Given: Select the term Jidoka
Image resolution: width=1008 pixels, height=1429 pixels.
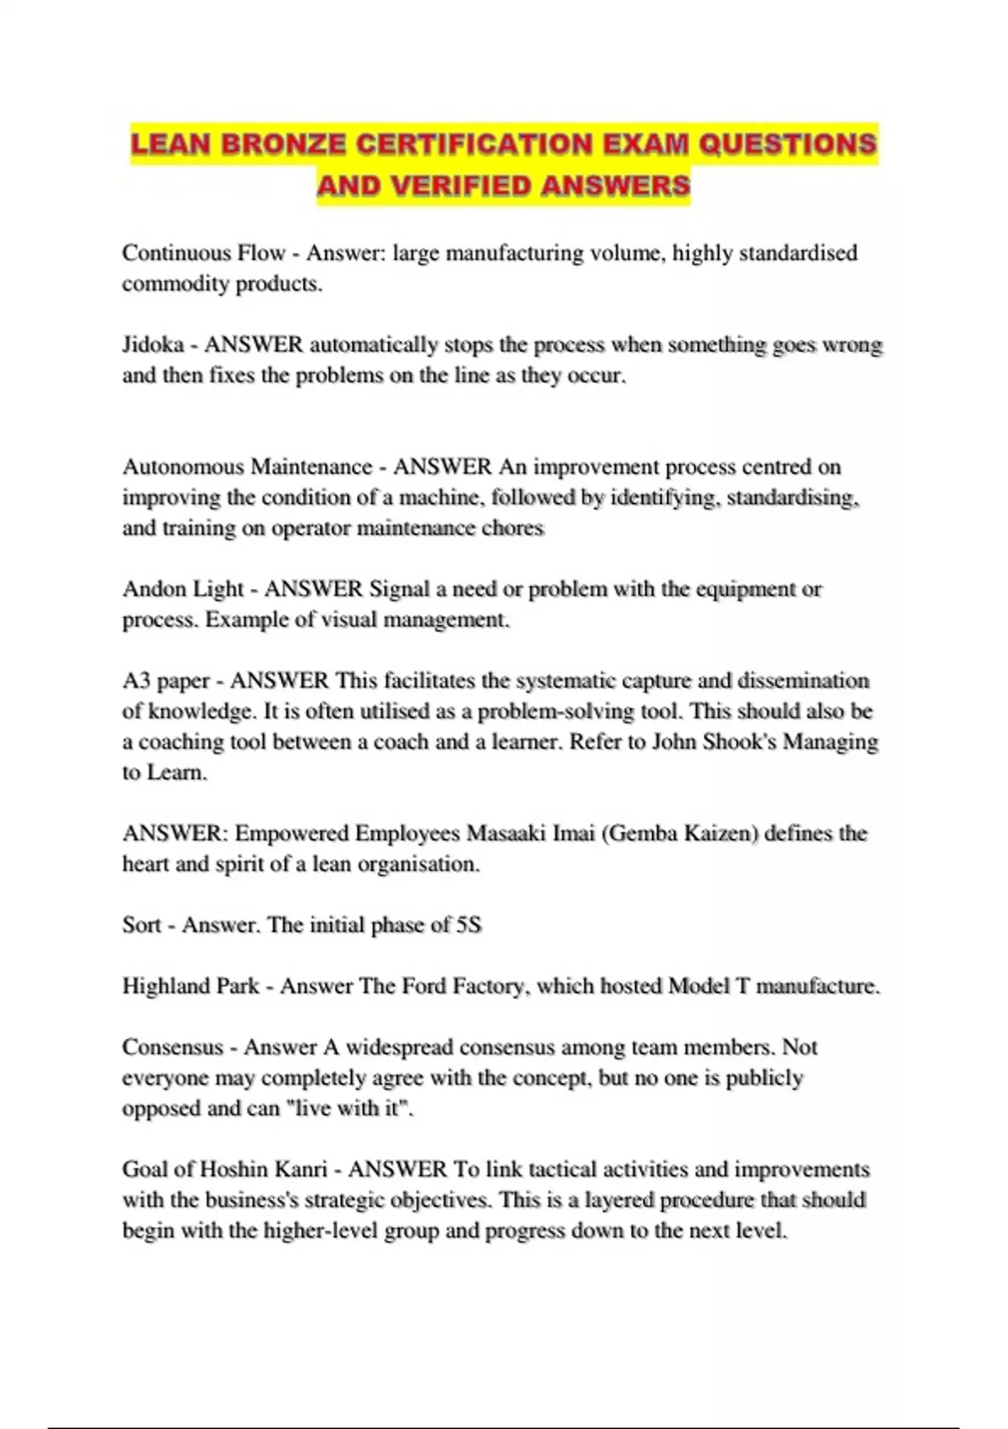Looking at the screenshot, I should [x=153, y=345].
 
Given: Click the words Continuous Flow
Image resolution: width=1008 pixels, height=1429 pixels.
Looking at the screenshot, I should [x=203, y=253].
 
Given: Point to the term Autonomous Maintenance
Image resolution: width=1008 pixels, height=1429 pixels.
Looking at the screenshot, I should [x=247, y=467].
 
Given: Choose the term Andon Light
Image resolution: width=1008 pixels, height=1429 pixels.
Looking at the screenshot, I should [x=182, y=588].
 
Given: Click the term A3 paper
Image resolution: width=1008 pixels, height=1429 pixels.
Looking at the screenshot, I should [x=165, y=680].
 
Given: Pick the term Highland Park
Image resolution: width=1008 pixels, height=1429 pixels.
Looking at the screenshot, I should [x=191, y=985].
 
